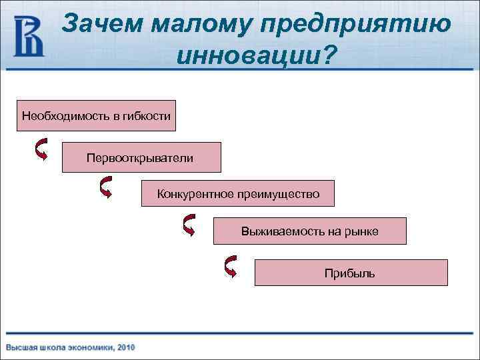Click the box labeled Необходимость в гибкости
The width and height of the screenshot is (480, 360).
coord(96,116)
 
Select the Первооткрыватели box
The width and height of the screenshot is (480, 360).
coord(141,157)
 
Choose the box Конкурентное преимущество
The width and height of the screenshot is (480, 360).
coord(238,194)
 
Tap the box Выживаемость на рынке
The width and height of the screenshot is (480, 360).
coord(309,231)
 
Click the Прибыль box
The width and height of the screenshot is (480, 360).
coord(351,273)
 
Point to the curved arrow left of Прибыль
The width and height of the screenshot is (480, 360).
coord(231,266)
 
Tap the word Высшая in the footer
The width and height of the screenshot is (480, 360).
coord(21,347)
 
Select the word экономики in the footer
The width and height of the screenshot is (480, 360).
coord(90,347)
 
